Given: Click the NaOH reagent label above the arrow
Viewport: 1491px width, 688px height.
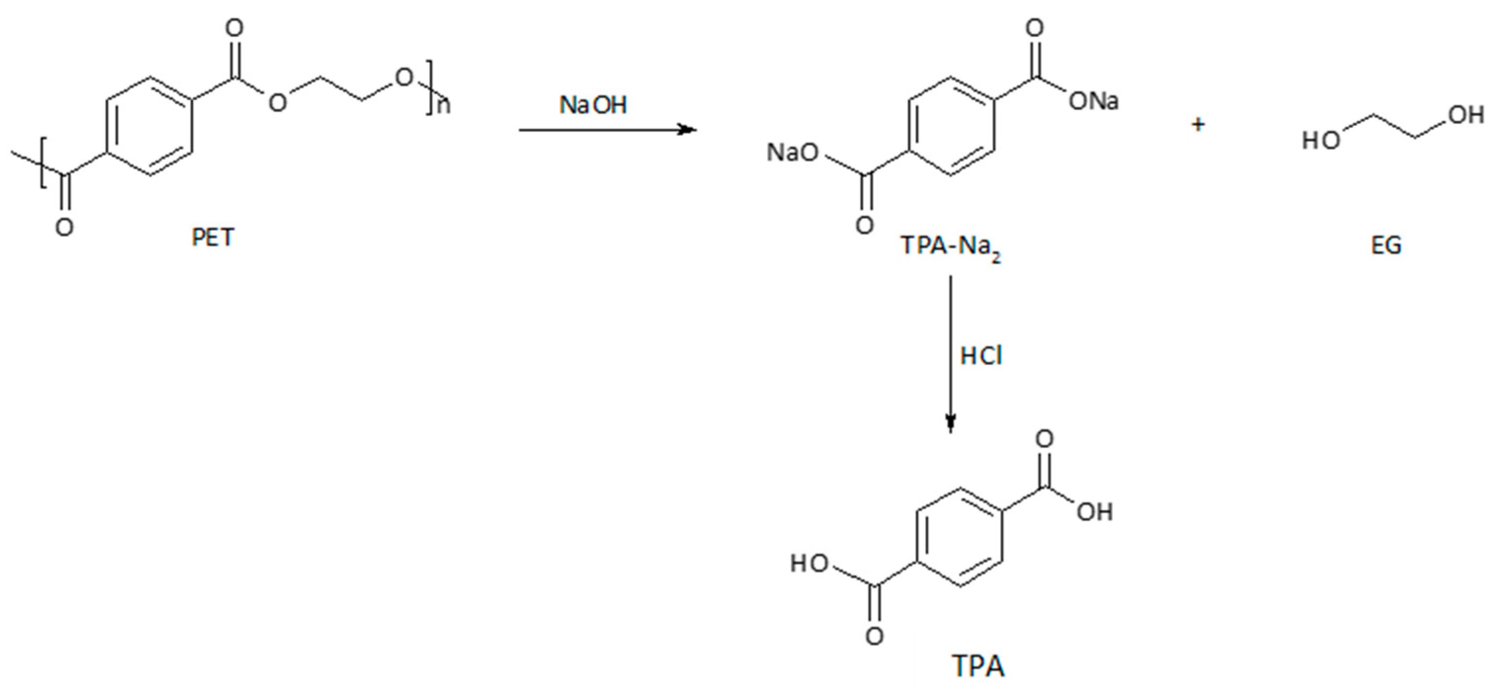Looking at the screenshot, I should pos(593,105).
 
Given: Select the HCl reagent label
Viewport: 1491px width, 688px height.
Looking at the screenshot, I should pos(981,356).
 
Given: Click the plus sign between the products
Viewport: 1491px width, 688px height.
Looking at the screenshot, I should pos(1198,124).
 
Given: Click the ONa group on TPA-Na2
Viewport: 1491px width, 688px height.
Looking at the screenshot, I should pos(1093,102).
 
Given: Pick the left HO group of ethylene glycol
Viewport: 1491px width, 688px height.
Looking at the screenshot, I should pos(1321,141).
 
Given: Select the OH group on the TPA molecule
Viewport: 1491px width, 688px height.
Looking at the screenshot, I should pos(1094,512).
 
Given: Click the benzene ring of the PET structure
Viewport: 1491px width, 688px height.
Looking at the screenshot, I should pos(149,126).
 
